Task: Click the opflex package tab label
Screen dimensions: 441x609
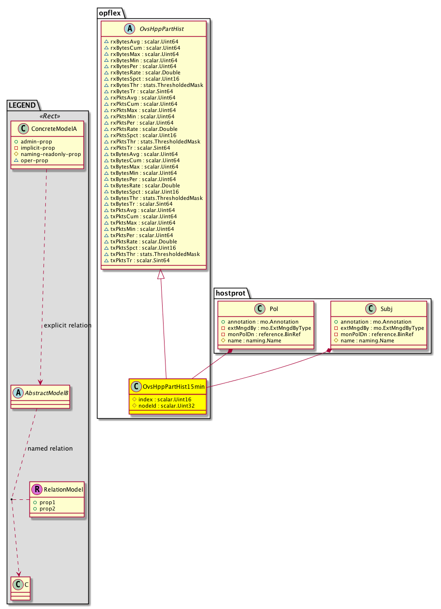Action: point(110,13)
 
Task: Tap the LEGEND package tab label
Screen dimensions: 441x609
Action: point(22,105)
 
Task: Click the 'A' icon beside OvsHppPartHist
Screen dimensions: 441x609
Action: point(129,28)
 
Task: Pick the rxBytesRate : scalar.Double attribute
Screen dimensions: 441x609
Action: point(145,72)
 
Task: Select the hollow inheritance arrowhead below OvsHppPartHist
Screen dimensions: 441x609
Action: point(161,274)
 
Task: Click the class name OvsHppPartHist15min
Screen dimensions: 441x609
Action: point(174,387)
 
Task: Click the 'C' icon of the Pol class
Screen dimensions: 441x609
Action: point(260,309)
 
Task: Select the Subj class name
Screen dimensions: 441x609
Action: point(386,309)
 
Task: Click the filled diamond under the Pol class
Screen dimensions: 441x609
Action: point(230,351)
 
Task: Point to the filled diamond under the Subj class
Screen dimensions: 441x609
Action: point(329,351)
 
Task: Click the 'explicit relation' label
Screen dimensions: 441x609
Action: point(68,326)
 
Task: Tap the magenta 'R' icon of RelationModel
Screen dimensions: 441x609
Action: point(37,489)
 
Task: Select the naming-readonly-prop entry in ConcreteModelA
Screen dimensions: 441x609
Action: point(51,154)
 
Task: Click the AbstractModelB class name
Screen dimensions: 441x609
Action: point(46,393)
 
